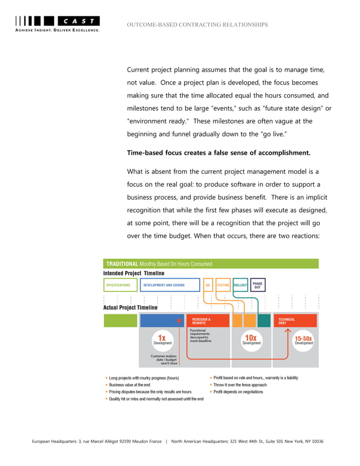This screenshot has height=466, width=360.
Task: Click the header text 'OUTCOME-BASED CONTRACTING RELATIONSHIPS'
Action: (x=197, y=25)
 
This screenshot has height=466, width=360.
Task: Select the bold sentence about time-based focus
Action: (x=218, y=152)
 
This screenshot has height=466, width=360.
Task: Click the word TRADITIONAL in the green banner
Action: (x=122, y=263)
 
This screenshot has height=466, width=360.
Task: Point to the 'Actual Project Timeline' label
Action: (x=130, y=307)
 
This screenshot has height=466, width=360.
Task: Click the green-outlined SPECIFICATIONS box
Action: (x=120, y=285)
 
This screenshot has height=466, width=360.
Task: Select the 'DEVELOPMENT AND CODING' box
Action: (x=169, y=285)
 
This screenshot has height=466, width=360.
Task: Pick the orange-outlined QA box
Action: (x=208, y=285)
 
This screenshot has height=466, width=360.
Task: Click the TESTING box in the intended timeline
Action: (x=223, y=285)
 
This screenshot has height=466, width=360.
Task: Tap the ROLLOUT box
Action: (x=240, y=285)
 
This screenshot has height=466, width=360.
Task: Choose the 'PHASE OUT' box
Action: (x=257, y=285)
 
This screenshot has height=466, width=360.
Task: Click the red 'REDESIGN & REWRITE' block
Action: (x=208, y=320)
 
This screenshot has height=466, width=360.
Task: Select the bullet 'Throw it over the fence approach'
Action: (x=240, y=385)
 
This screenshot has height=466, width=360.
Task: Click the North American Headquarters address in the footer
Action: (x=247, y=441)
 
